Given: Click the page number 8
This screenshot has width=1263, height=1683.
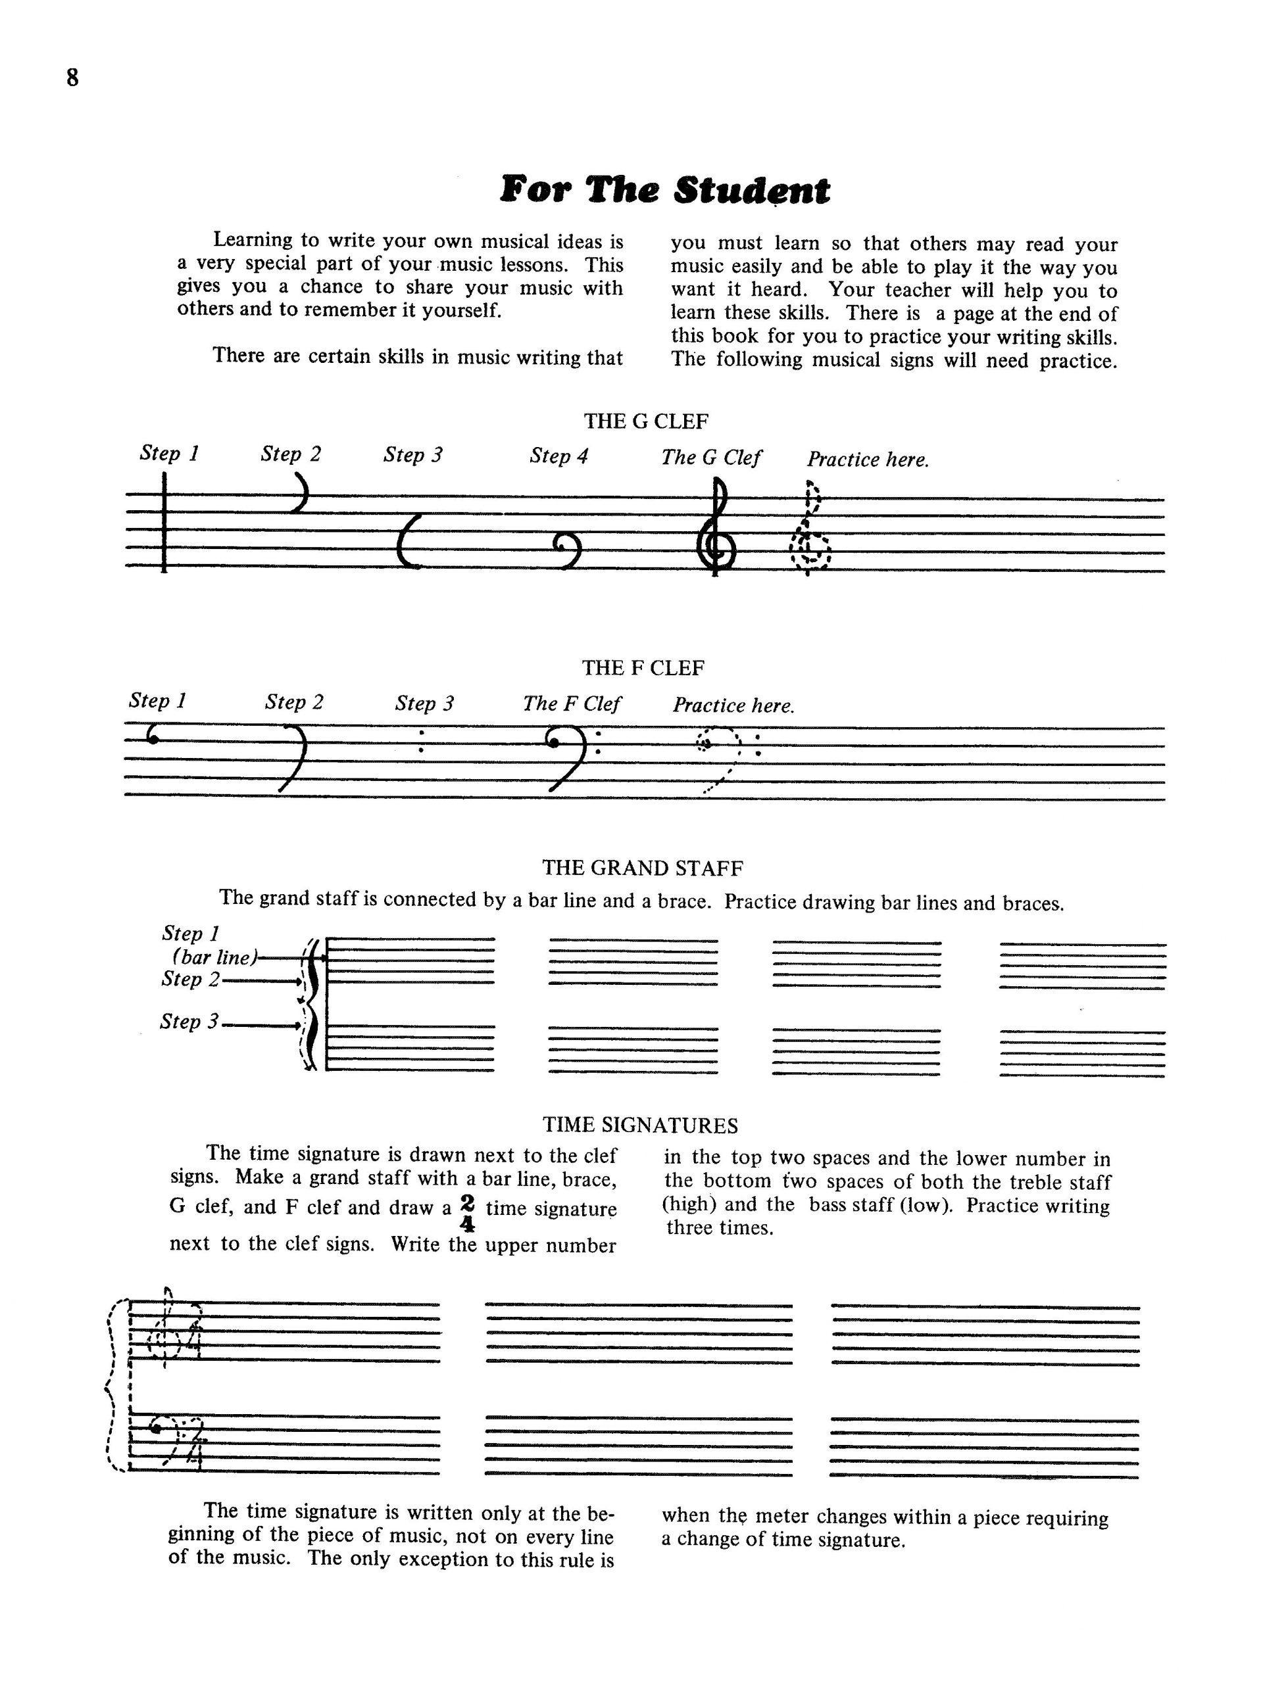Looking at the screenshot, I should pyautogui.click(x=72, y=78).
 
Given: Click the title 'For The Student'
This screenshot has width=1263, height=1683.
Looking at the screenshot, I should pyautogui.click(x=664, y=189).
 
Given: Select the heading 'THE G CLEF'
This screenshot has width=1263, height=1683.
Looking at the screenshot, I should pyautogui.click(x=645, y=421).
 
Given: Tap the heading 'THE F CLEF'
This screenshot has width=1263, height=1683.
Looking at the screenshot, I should pyautogui.click(x=643, y=667).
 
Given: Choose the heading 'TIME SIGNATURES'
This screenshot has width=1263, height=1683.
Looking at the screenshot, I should pyautogui.click(x=640, y=1125).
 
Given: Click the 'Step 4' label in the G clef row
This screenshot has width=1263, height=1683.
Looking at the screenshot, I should pyautogui.click(x=558, y=456).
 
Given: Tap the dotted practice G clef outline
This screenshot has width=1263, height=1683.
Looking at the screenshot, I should pyautogui.click(x=810, y=529).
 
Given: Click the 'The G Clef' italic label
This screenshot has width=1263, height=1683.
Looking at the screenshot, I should pyautogui.click(x=710, y=458).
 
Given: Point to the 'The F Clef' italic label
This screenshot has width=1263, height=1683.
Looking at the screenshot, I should pyautogui.click(x=571, y=704).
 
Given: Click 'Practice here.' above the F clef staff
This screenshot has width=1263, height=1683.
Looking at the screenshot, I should pyautogui.click(x=732, y=705).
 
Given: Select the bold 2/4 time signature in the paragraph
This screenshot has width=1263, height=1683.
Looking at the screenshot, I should pyautogui.click(x=468, y=1213).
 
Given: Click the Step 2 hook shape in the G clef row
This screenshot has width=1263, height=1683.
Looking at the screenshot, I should pyautogui.click(x=301, y=492).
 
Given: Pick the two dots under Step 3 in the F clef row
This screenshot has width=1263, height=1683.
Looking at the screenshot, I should pyautogui.click(x=421, y=743).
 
